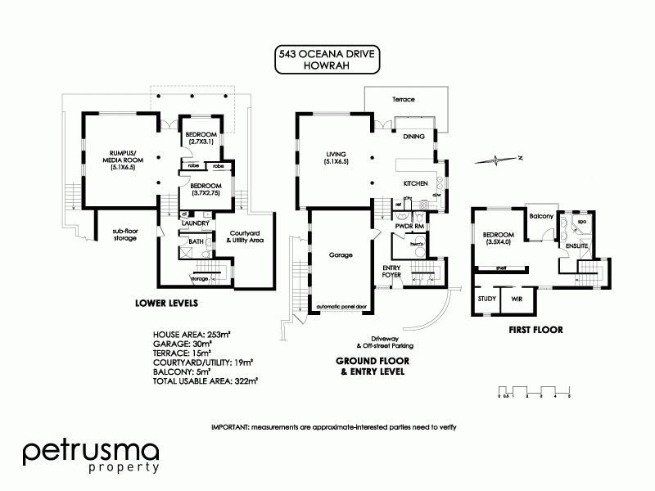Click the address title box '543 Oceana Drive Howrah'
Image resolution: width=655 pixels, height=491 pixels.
tap(327, 60)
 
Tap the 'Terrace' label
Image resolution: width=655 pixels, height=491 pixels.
tap(403, 99)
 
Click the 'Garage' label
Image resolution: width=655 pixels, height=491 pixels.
tap(341, 255)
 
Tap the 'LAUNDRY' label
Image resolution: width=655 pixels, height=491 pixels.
tap(197, 223)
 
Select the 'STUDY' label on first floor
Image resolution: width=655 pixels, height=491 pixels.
tap(486, 300)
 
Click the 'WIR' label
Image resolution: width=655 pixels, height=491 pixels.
tap(517, 300)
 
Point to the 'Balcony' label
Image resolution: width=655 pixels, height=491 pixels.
tap(540, 216)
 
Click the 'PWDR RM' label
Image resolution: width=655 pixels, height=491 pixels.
tap(407, 225)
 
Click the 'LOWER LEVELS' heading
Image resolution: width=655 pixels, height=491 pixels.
tap(166, 303)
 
